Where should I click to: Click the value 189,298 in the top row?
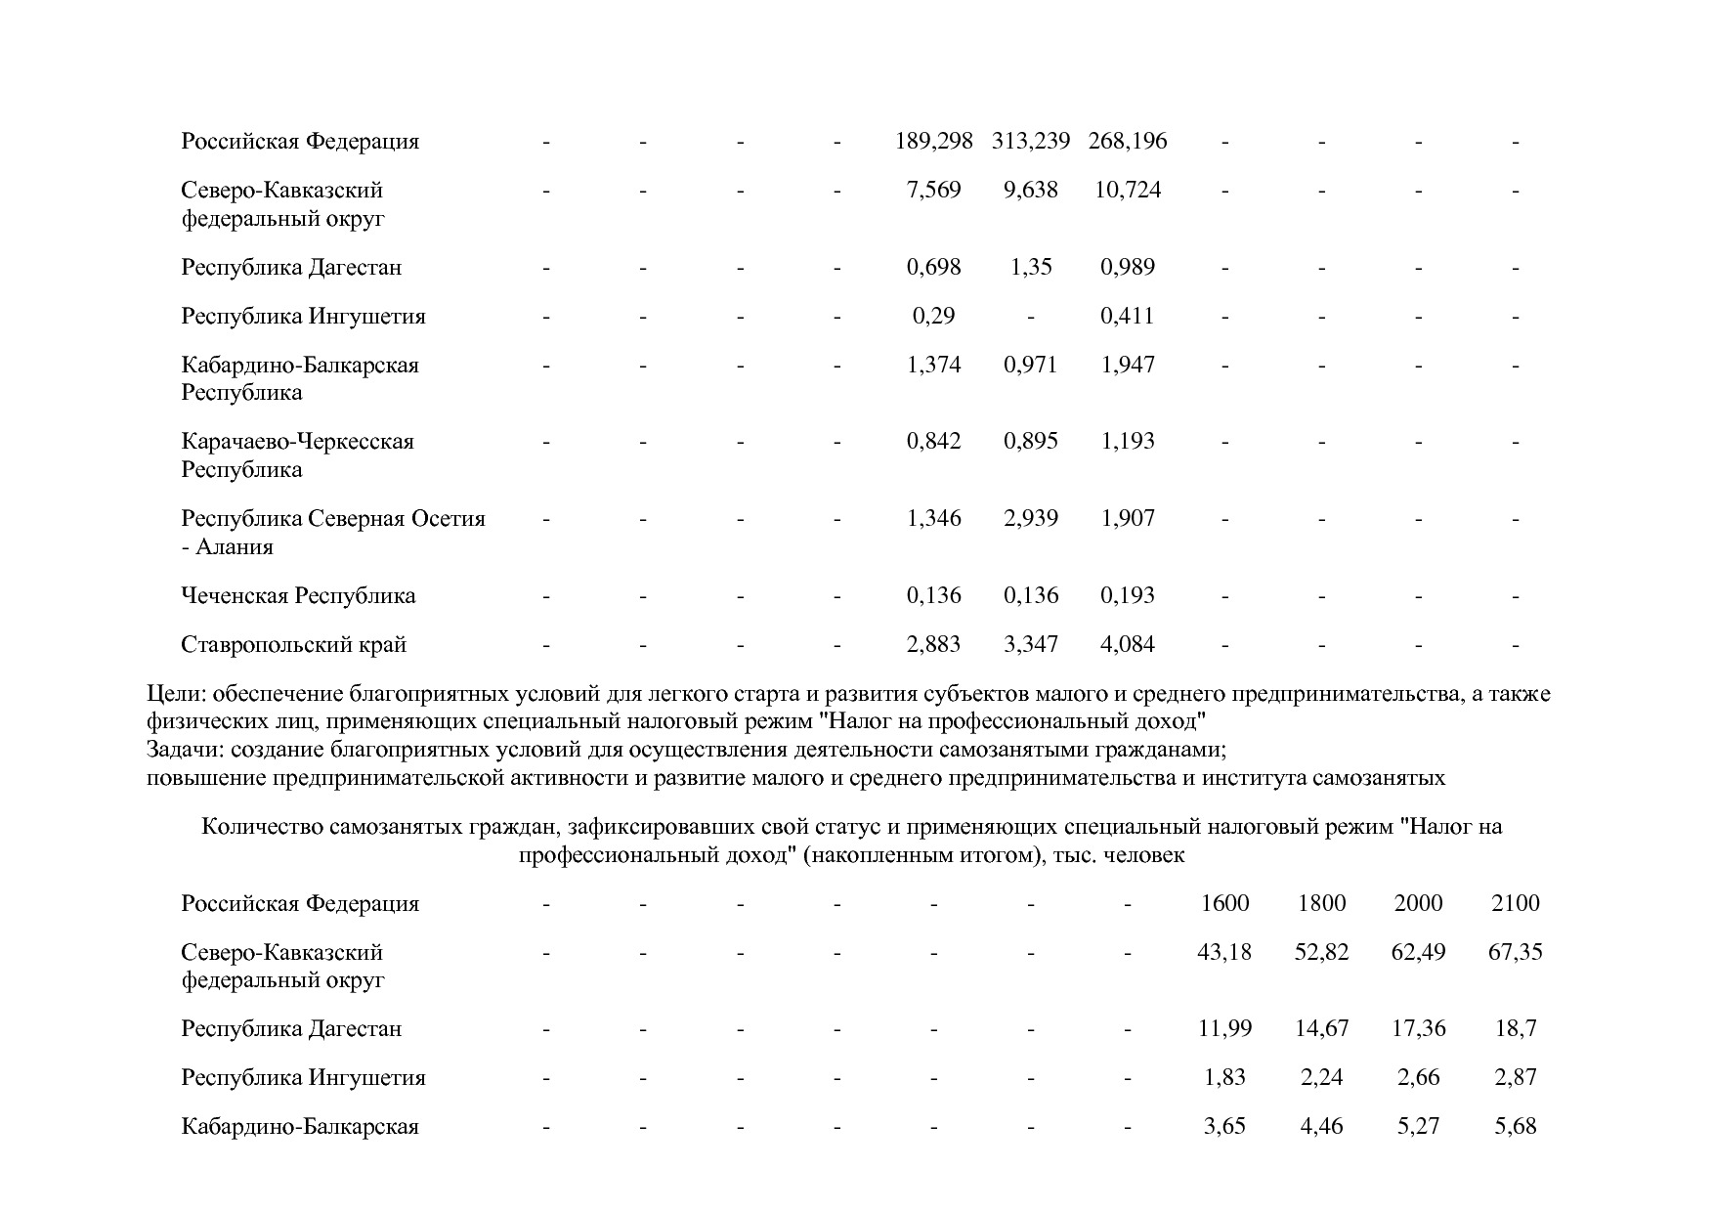click(933, 141)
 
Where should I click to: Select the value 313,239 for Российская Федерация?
click(1031, 141)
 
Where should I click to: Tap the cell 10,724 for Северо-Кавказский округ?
click(1128, 190)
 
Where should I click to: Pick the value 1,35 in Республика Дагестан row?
click(1031, 267)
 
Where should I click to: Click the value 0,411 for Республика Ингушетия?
click(1128, 316)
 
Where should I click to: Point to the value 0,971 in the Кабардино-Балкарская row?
click(1031, 365)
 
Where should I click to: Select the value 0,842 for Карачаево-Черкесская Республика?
click(933, 441)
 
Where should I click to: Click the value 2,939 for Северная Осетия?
click(1031, 518)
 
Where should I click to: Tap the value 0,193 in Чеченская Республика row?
click(1128, 595)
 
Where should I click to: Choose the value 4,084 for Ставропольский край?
click(1128, 644)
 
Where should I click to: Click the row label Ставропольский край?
click(293, 644)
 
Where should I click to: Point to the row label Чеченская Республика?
click(298, 595)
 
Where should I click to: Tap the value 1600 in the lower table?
click(1224, 903)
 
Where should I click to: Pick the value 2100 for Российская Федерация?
click(1515, 903)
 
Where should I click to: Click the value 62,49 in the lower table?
click(1418, 952)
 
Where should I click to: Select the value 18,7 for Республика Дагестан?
click(1515, 1028)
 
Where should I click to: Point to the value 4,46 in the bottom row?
click(1321, 1126)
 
